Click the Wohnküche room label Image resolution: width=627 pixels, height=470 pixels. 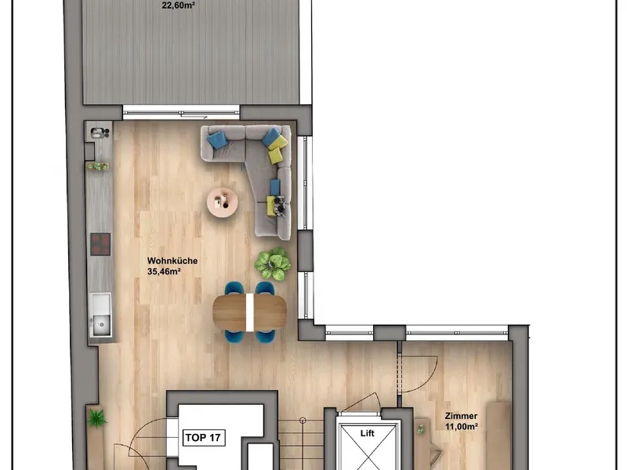[172, 261]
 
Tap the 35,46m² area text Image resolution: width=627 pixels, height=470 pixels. [164, 272]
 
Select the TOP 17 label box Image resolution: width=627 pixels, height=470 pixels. [204, 438]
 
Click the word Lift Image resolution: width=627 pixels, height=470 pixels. [367, 433]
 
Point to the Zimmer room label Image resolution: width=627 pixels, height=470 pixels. [461, 416]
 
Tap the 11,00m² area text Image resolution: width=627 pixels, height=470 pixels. [462, 427]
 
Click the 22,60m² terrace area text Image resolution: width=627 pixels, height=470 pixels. [179, 5]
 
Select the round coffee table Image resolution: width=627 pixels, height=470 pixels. [223, 203]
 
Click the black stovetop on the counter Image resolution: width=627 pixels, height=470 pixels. [100, 244]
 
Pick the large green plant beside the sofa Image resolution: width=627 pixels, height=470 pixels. [273, 263]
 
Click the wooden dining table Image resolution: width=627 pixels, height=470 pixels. [249, 313]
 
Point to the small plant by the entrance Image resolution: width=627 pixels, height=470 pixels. [96, 418]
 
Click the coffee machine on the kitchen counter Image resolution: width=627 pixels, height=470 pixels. [100, 132]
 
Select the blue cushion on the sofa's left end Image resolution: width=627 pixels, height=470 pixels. [218, 140]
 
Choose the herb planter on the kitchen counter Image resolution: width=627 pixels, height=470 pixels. [98, 166]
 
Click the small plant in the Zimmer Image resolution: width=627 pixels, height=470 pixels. [420, 429]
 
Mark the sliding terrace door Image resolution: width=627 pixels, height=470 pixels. [181, 112]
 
